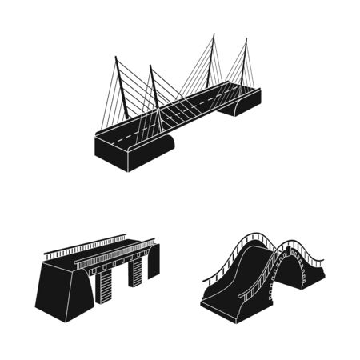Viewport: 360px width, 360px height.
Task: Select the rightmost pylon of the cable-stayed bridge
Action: [x=244, y=60]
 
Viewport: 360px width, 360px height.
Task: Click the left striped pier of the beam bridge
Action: [x=104, y=285]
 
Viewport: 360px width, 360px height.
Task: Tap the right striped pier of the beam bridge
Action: [x=135, y=272]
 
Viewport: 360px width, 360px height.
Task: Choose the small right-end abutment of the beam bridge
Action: [x=153, y=261]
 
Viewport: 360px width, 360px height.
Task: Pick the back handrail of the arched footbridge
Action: [x=240, y=244]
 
